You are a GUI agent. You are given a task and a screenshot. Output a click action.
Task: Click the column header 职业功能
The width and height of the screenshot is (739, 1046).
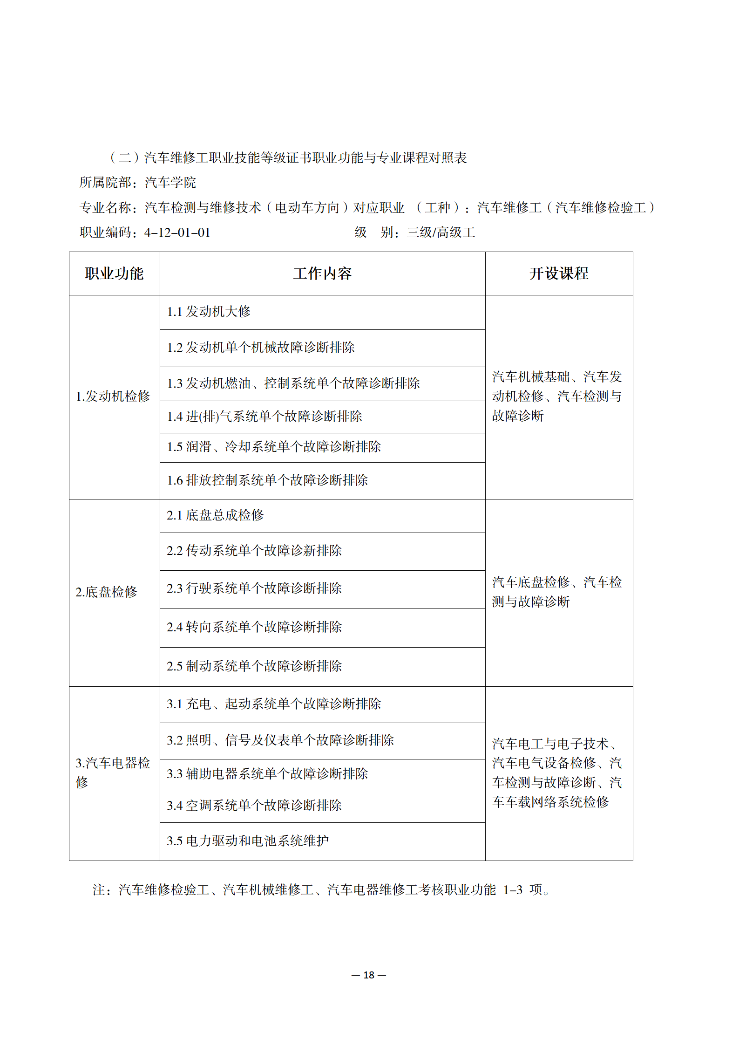pos(114,273)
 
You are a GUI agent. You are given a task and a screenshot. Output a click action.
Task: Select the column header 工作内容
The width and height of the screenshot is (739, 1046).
pos(322,273)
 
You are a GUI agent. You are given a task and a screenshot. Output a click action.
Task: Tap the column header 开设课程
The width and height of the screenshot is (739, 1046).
pos(559,273)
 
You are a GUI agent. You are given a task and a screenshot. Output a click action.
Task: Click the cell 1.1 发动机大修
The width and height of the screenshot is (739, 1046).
pos(209,312)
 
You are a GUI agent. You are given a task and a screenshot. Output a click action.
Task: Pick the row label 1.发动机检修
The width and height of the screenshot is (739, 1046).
pos(113,397)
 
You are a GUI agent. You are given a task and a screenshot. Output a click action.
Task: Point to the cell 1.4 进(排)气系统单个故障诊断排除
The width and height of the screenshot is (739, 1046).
pos(264,417)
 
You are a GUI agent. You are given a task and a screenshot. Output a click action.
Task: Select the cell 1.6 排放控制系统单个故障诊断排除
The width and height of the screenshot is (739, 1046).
pos(267,480)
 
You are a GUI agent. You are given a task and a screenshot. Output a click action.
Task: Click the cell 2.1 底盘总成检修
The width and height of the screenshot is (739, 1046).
pos(215,515)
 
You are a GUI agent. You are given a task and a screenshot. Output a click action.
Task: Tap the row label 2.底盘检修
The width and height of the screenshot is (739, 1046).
pos(106,592)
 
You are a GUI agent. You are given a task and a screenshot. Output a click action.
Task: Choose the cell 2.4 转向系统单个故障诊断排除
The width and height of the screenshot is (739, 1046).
pos(254,627)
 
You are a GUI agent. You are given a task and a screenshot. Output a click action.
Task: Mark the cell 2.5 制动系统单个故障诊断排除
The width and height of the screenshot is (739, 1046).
pos(254,666)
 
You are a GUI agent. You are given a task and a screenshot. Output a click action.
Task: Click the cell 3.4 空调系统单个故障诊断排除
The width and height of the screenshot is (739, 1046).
pos(254,806)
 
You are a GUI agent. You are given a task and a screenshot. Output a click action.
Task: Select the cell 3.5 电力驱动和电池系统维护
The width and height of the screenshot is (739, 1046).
pos(248,841)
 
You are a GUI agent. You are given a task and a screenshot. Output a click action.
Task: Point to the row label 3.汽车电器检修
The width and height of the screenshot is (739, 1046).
pos(113,773)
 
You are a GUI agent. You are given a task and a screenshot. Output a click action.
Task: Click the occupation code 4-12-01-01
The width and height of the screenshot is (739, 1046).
pos(177,232)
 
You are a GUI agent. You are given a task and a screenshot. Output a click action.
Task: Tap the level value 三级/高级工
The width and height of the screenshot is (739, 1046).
pos(441,232)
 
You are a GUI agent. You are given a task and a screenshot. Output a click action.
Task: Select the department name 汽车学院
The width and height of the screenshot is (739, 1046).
pos(170,183)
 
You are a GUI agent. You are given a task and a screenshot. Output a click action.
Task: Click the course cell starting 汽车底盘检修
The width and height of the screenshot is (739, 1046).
pos(557,592)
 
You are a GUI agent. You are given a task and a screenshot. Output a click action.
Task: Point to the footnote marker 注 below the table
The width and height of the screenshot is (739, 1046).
pos(99,890)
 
